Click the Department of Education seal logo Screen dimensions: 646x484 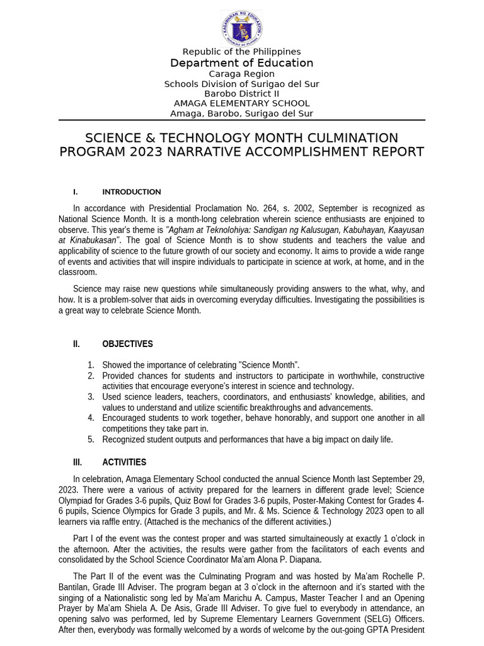tap(242, 28)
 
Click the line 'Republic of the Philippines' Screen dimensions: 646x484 tap(242, 52)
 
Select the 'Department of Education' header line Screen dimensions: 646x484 tap(242, 63)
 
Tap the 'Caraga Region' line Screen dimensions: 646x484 tap(242, 74)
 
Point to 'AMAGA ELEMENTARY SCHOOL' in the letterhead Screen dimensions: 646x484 tap(242, 103)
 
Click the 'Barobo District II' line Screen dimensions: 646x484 tap(242, 93)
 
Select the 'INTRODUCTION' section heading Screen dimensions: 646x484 tap(132, 192)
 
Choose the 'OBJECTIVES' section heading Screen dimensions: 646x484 tap(127, 344)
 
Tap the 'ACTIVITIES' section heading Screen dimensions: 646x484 tap(124, 462)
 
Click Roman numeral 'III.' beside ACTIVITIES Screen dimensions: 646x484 tap(78, 462)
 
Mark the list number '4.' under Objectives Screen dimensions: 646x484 tap(91, 418)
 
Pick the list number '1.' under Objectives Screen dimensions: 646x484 tap(91, 365)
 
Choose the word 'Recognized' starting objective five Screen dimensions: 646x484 tap(124, 439)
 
